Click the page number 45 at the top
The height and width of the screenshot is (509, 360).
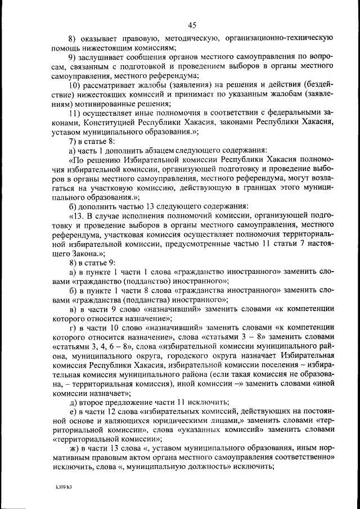tap(192, 25)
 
